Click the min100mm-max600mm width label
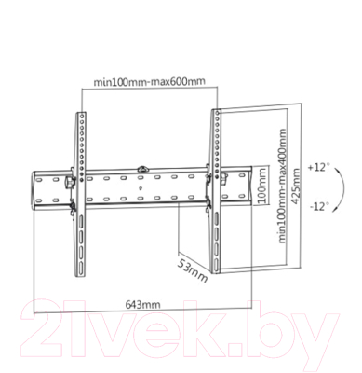pyautogui.click(x=149, y=81)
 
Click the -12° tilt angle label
pyautogui.click(x=316, y=205)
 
